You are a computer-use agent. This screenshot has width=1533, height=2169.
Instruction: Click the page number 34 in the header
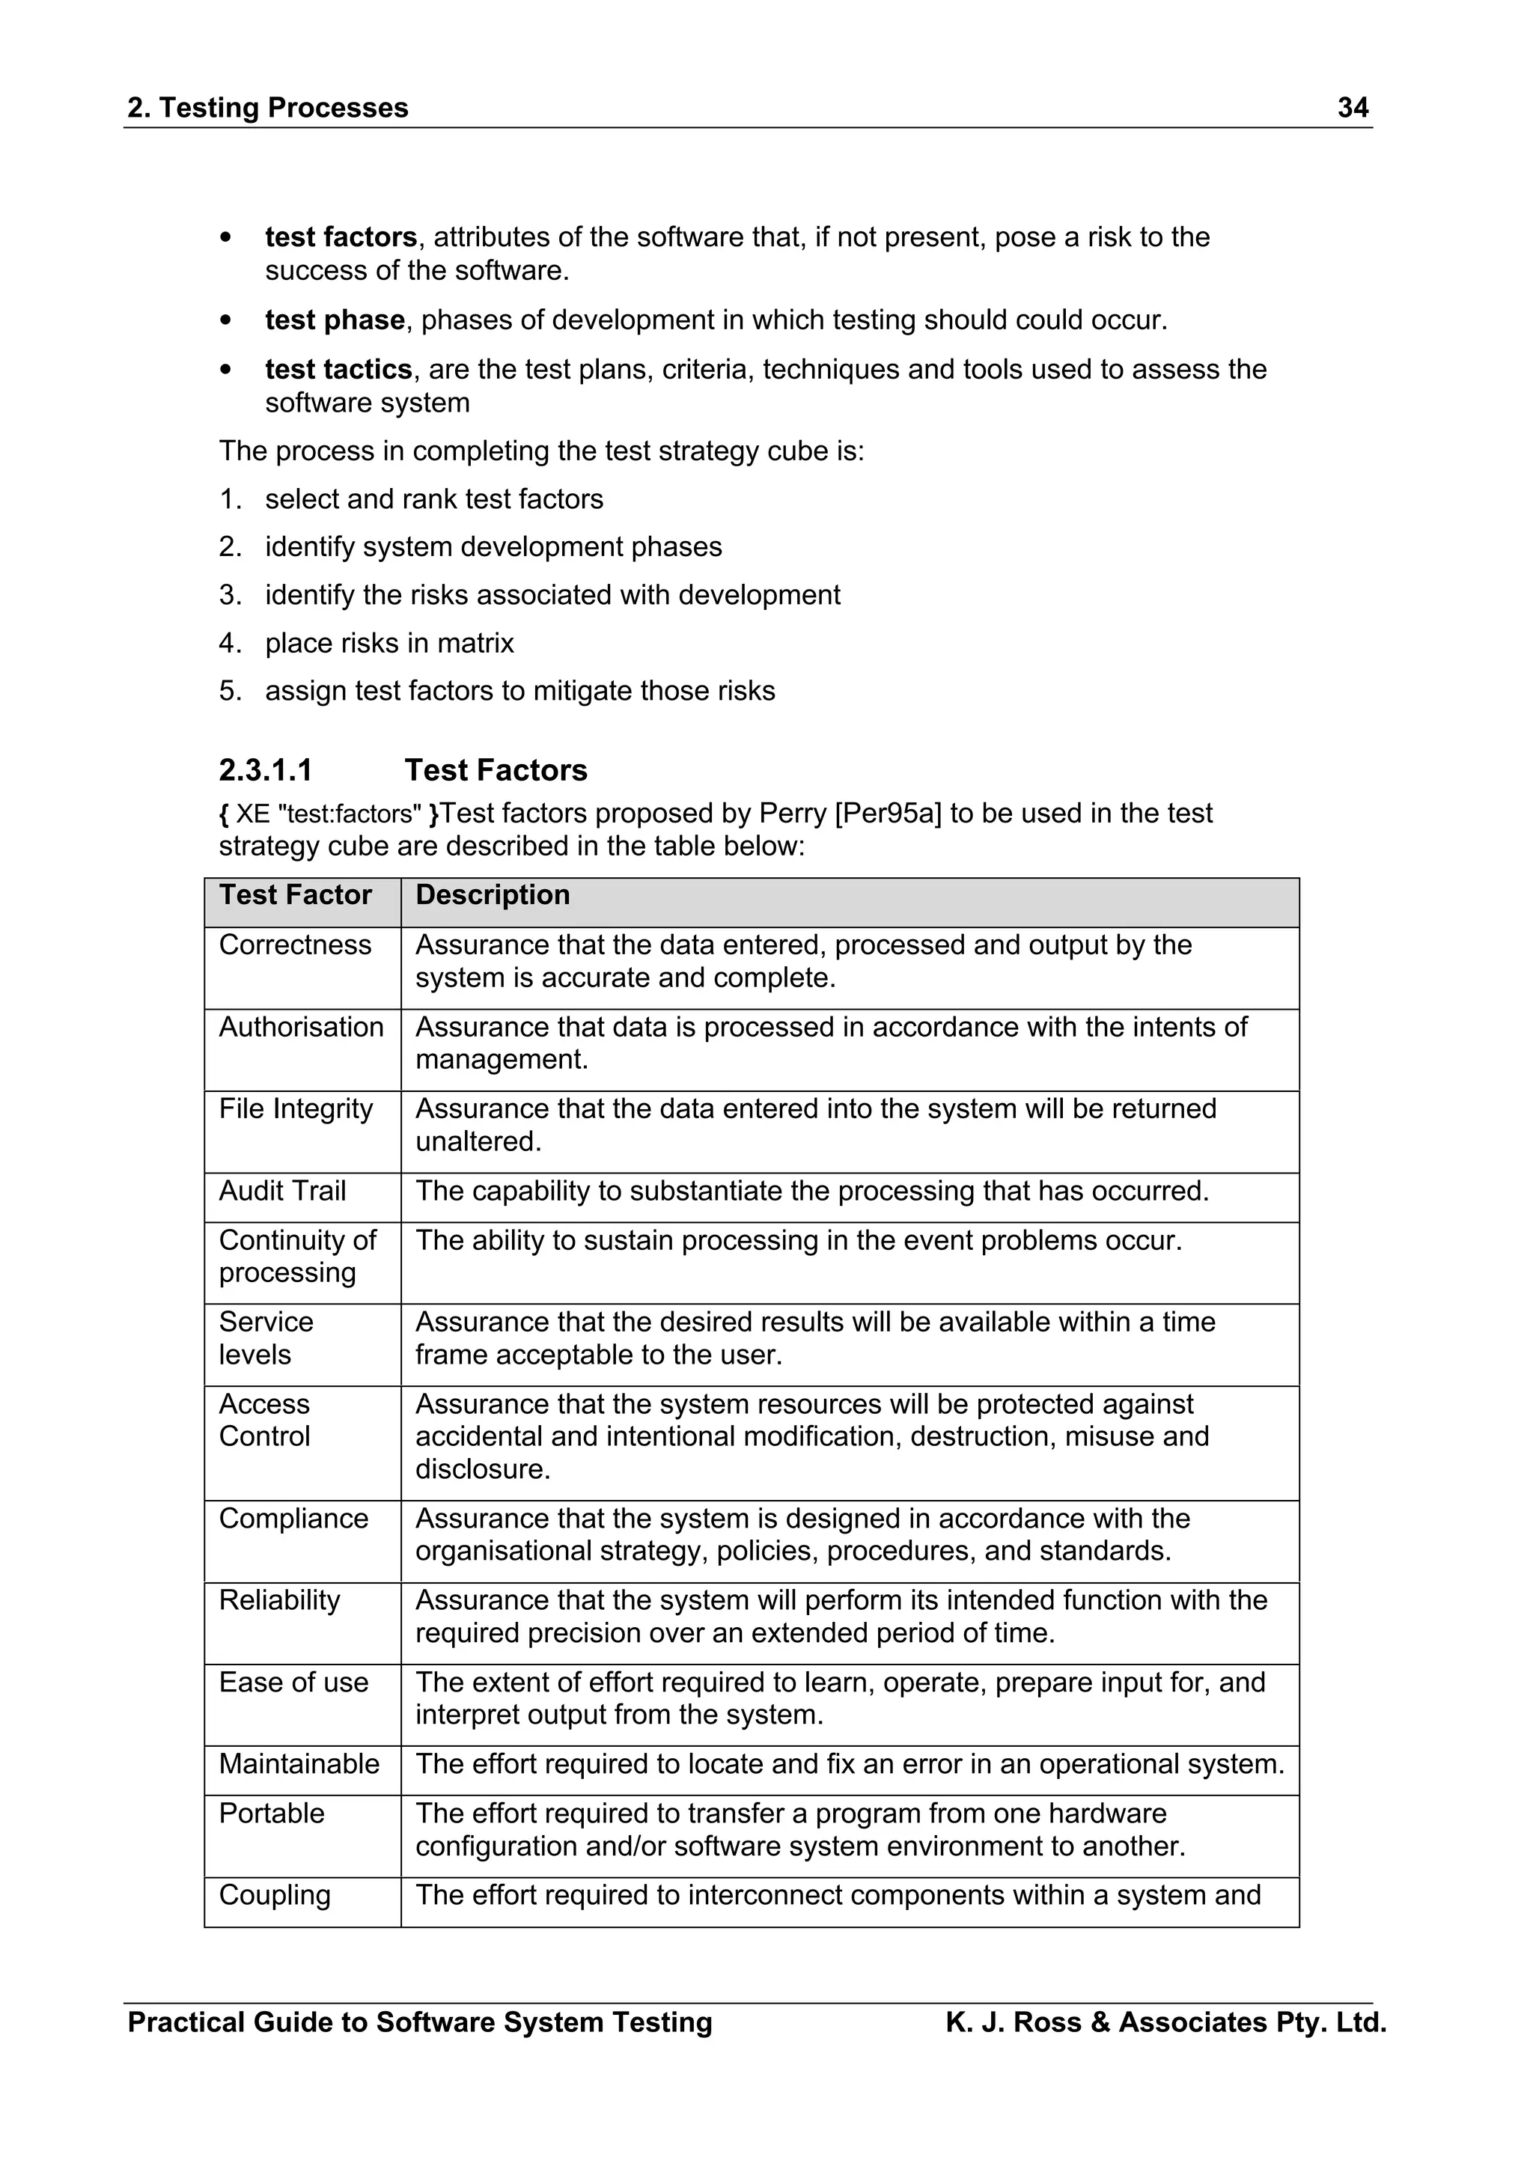1353,108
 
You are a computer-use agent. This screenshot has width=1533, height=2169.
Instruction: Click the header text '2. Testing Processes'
267,108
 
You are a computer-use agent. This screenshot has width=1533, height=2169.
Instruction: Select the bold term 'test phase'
335,320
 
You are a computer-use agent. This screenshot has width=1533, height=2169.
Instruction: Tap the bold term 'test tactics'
338,370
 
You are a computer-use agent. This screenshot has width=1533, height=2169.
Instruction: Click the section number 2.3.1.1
266,770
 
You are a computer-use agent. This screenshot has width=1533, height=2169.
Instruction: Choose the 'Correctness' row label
295,945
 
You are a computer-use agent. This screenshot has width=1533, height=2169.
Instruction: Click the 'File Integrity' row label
296,1109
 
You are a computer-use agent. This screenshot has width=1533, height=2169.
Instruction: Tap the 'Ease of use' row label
293,1683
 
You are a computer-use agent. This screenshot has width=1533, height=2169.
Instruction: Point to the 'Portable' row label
271,1813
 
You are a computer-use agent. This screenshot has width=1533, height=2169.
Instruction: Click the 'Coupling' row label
275,1895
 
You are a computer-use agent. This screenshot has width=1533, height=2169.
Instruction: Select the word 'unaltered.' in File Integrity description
478,1142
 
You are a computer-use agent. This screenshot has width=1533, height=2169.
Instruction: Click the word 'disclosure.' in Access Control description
483,1469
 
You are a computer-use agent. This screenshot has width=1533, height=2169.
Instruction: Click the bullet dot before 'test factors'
225,238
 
